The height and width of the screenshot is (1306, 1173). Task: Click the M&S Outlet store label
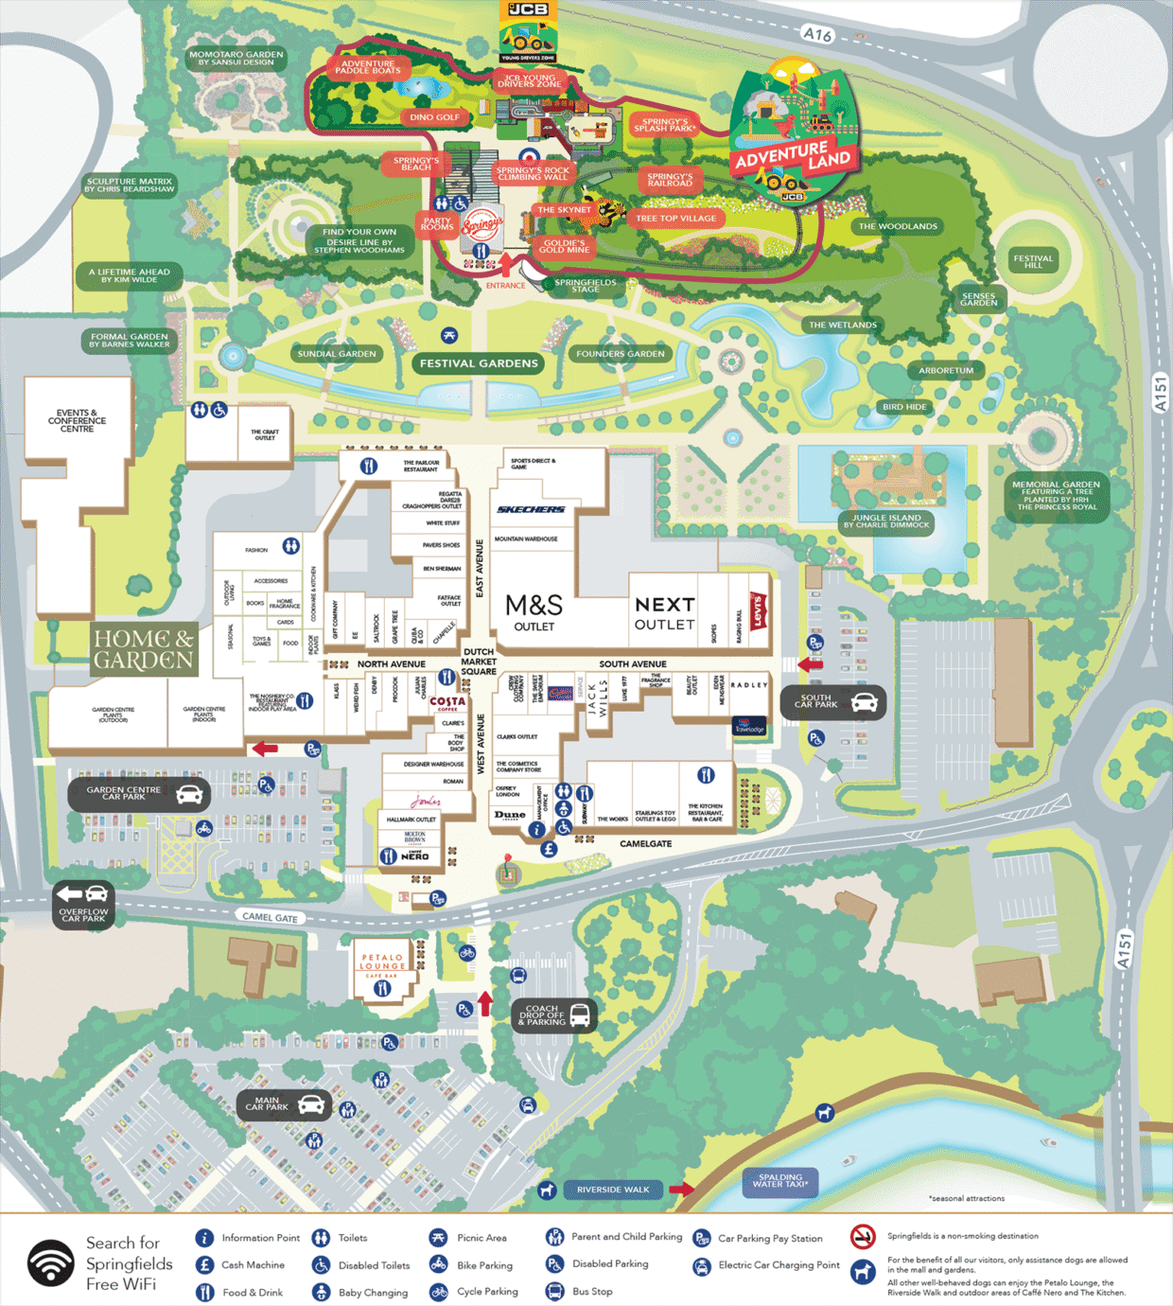[x=534, y=611]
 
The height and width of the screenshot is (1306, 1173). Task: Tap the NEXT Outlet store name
[x=664, y=612]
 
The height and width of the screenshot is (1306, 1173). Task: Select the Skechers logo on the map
[x=531, y=509]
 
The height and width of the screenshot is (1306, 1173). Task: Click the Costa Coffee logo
[x=447, y=702]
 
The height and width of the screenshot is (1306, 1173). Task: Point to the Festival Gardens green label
[x=479, y=363]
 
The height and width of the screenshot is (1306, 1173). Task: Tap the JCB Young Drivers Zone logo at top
[x=528, y=32]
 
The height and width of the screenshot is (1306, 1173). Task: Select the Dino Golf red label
[x=434, y=117]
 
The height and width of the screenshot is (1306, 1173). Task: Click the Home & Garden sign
[x=144, y=649]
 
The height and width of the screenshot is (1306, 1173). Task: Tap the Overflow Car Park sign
[x=83, y=905]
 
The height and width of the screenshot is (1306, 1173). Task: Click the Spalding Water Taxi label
[x=780, y=1181]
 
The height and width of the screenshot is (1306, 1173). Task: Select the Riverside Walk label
[x=613, y=1190]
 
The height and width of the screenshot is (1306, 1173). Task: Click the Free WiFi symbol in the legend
[x=50, y=1263]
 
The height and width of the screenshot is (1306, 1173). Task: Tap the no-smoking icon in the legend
[x=863, y=1236]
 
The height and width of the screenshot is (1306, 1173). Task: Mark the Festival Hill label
[x=1033, y=261]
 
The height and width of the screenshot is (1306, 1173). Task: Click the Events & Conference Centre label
[x=77, y=421]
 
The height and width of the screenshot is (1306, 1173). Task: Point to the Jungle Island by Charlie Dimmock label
[x=886, y=521]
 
